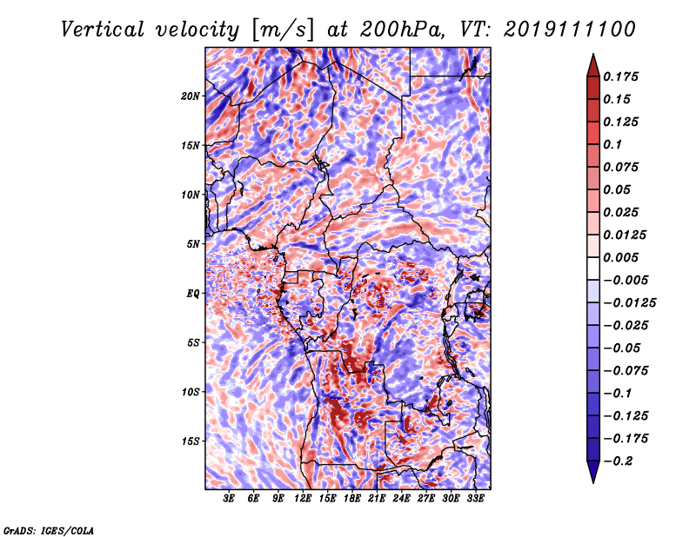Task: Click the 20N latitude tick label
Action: (x=191, y=96)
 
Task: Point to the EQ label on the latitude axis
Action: (x=192, y=294)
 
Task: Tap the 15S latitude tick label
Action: (x=191, y=441)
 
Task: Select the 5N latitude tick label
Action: (x=193, y=244)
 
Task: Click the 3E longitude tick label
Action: (x=229, y=499)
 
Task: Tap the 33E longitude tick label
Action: (x=475, y=499)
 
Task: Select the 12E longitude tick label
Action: (x=303, y=499)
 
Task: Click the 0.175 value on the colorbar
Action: (x=620, y=76)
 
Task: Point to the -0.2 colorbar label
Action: (x=619, y=461)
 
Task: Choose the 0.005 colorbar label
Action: (x=620, y=257)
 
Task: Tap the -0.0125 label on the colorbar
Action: (x=629, y=303)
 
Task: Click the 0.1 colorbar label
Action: (x=612, y=144)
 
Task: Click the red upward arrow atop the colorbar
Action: (x=593, y=65)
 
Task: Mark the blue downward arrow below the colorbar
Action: (x=593, y=472)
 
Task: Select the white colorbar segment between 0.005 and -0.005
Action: (x=593, y=268)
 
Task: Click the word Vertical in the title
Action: (x=103, y=30)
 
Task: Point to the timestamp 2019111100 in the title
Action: (x=570, y=30)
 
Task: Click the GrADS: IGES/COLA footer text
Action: (x=49, y=530)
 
